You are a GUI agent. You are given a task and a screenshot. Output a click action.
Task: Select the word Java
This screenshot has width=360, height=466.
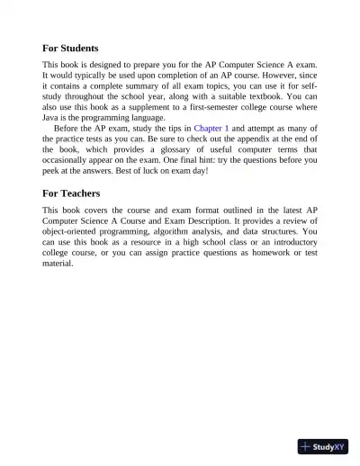[x=52, y=118]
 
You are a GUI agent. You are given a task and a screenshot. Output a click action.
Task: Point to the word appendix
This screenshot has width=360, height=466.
[x=245, y=139]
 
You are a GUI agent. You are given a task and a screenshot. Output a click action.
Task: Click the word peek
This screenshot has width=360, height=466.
[x=53, y=171]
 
